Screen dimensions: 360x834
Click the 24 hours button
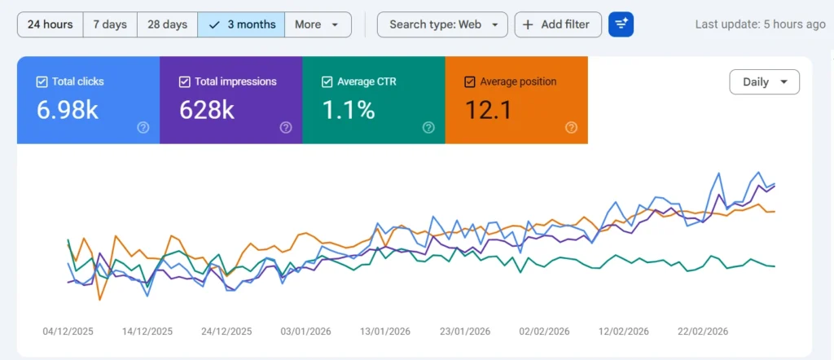[x=50, y=24]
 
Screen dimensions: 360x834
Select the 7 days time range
[x=110, y=24]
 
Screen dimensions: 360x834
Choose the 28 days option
[x=167, y=24]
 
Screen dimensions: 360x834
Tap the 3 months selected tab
[x=242, y=24]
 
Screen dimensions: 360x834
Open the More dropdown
[x=318, y=24]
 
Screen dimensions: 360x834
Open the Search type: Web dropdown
[x=442, y=24]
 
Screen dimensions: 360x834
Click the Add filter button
[x=558, y=24]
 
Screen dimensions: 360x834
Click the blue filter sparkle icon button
[x=621, y=24]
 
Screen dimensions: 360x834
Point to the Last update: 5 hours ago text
[x=760, y=24]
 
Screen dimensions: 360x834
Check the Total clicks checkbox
[x=42, y=81]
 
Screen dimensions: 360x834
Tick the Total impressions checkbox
[x=184, y=81]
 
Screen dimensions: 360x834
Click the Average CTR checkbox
[x=327, y=81]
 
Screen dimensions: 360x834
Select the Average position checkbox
[x=469, y=81]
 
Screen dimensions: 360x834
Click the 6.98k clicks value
[x=68, y=110]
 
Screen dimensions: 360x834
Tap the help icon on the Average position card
[x=571, y=127]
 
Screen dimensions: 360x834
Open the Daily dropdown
[x=764, y=82]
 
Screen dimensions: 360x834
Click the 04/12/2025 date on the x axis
[x=69, y=331]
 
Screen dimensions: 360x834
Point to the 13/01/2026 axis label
[x=386, y=331]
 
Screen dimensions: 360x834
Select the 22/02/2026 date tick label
[x=704, y=331]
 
